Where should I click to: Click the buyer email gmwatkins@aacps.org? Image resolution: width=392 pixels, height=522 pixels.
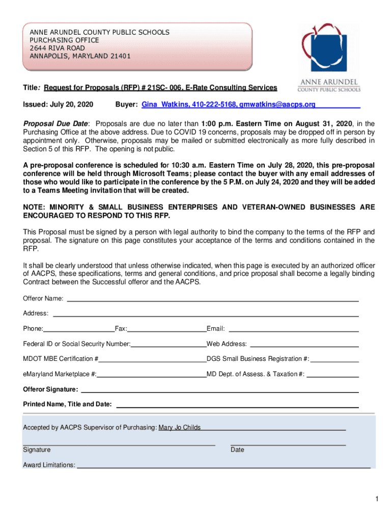(x=277, y=105)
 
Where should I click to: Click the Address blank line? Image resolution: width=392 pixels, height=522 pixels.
(x=206, y=313)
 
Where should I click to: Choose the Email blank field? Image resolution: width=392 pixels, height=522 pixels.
(x=293, y=329)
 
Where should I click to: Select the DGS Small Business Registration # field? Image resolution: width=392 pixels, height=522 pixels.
(x=334, y=359)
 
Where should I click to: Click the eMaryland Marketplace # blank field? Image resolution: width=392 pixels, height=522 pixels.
(x=151, y=374)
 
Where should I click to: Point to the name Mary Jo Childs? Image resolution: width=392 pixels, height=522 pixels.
(x=180, y=428)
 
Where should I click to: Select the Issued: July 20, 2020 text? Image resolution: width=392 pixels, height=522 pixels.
(x=58, y=105)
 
